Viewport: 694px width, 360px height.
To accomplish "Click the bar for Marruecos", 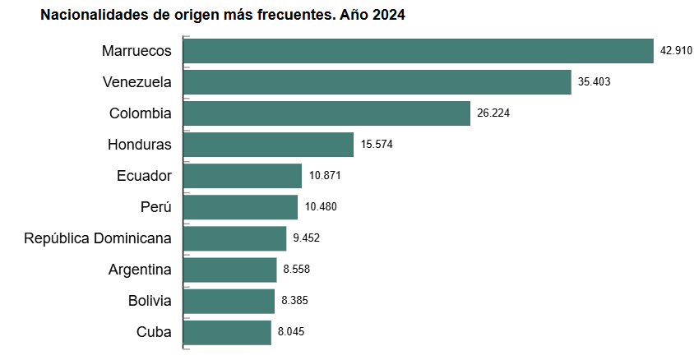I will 418,51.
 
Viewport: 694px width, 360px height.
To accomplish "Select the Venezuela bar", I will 377,82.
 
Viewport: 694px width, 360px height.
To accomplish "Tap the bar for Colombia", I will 326,113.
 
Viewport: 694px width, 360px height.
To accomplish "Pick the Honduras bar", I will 268,145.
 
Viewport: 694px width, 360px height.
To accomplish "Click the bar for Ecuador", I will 243,176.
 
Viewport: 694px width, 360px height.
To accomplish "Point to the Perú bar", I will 240,207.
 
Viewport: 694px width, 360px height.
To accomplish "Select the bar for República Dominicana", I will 234,238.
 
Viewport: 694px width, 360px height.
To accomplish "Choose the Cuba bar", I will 227,332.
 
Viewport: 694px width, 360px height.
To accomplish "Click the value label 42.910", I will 677,51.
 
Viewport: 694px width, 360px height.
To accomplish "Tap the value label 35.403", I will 595,82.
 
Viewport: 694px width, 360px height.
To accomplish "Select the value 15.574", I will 377,145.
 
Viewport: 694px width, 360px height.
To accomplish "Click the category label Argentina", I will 140,270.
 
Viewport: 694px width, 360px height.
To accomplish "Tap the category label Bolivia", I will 150,301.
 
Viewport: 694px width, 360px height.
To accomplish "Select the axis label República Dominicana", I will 98,238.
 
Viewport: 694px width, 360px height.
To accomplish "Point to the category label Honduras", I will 140,145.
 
